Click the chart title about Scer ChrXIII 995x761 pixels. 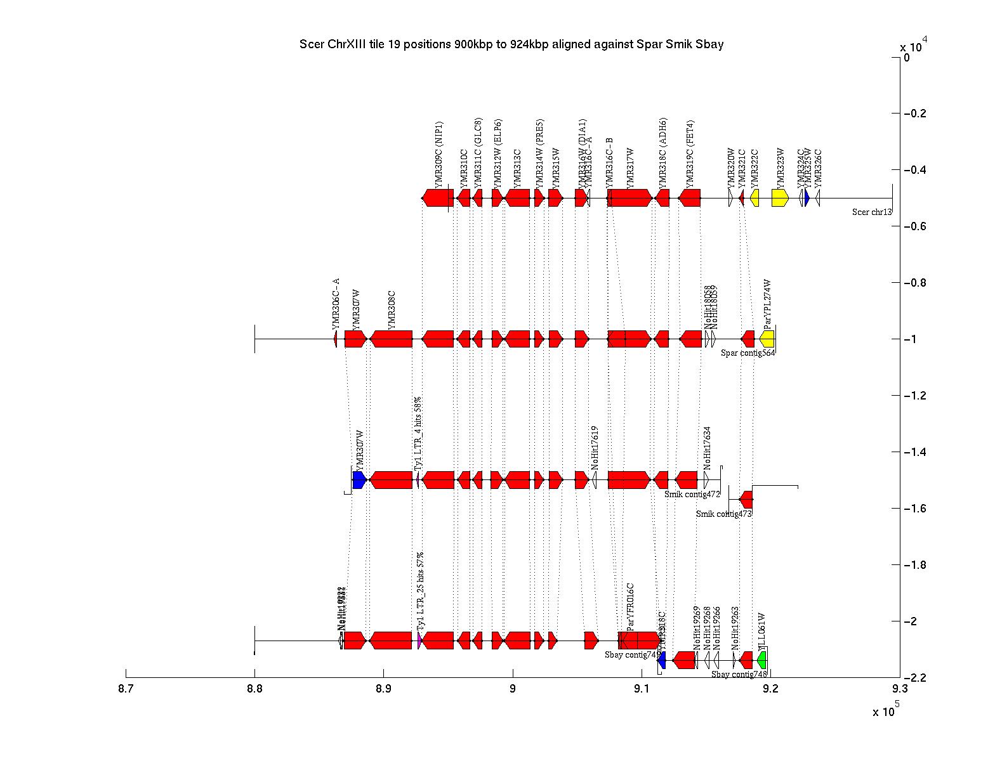pyautogui.click(x=511, y=45)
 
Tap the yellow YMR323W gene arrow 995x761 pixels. pyautogui.click(x=780, y=198)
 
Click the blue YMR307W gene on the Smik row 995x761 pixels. pyautogui.click(x=359, y=480)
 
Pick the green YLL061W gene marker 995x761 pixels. pyautogui.click(x=762, y=660)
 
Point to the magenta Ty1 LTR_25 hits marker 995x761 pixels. pyautogui.click(x=419, y=641)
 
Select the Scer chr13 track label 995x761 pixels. pyautogui.click(x=872, y=212)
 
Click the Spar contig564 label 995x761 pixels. pyautogui.click(x=748, y=353)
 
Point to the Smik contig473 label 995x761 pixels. pyautogui.click(x=723, y=514)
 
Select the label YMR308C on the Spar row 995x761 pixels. pyautogui.click(x=392, y=310)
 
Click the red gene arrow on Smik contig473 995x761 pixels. pyautogui.click(x=747, y=499)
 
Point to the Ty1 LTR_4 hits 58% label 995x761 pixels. pyautogui.click(x=418, y=434)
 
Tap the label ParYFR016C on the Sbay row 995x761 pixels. pyautogui.click(x=630, y=606)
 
